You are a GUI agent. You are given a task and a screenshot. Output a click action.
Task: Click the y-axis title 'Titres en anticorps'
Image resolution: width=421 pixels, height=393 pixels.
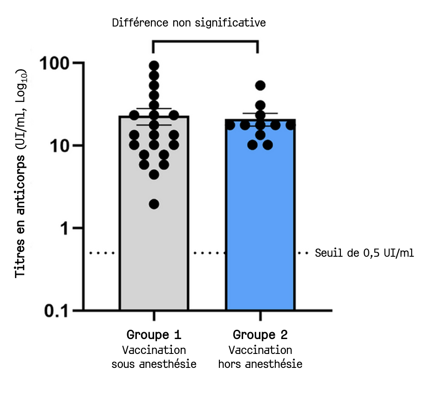pyautogui.click(x=20, y=174)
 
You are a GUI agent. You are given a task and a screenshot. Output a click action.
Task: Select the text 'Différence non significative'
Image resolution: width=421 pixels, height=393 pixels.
pyautogui.click(x=189, y=22)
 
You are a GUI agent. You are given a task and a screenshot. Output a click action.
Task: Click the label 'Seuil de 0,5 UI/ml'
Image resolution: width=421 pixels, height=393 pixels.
pyautogui.click(x=364, y=253)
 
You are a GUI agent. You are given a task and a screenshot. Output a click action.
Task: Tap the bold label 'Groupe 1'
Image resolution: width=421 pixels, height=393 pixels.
pyautogui.click(x=154, y=335)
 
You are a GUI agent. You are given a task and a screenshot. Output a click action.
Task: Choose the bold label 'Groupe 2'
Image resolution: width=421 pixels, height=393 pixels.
pyautogui.click(x=260, y=335)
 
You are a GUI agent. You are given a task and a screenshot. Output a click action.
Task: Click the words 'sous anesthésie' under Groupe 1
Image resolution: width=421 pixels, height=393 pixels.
pyautogui.click(x=154, y=364)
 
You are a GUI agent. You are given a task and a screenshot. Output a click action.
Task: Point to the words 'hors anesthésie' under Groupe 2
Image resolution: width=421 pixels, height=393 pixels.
pyautogui.click(x=260, y=364)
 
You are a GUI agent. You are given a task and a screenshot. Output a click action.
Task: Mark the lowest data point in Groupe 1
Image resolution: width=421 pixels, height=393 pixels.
pyautogui.click(x=154, y=204)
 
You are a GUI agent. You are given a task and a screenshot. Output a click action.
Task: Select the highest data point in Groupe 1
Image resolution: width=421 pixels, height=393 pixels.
pyautogui.click(x=154, y=65)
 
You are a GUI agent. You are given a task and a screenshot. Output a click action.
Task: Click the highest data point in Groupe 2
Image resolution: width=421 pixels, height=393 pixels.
pyautogui.click(x=260, y=85)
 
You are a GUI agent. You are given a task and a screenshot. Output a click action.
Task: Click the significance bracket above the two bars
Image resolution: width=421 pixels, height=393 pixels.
pyautogui.click(x=205, y=41)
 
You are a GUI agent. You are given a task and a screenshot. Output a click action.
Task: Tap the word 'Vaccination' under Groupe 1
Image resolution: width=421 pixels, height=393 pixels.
pyautogui.click(x=154, y=350)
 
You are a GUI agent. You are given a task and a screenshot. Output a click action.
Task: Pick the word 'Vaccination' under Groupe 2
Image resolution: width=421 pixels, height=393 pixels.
pyautogui.click(x=260, y=350)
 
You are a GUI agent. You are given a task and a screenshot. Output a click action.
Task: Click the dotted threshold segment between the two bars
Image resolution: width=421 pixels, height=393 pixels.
pyautogui.click(x=207, y=253)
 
